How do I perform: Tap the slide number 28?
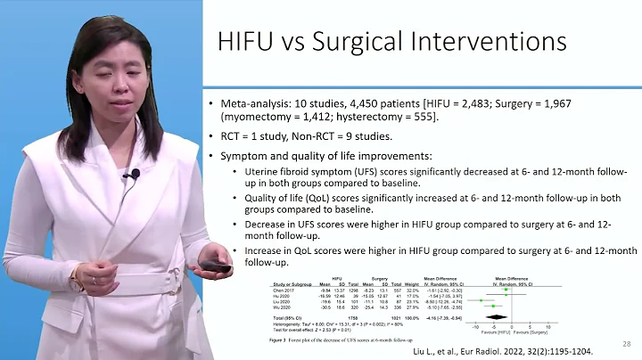627,343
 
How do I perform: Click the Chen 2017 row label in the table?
284,290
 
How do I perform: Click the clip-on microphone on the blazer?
135,173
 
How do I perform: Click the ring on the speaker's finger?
92,279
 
